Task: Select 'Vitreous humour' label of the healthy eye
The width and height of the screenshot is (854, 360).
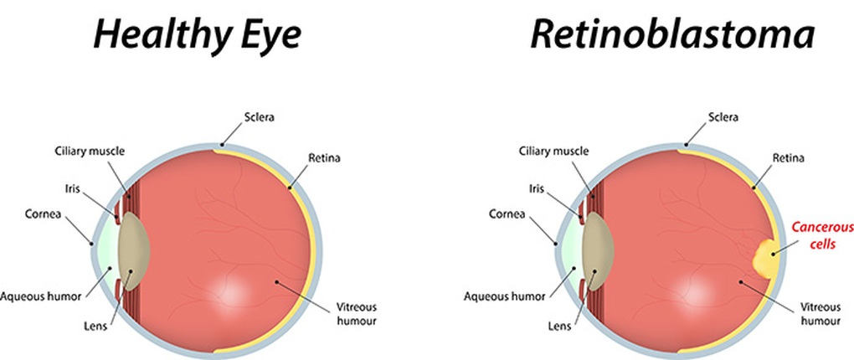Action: [x=355, y=313]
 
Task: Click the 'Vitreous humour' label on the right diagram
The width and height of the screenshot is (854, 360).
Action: [x=820, y=313]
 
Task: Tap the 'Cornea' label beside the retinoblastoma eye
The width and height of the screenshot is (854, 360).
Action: [x=507, y=213]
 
